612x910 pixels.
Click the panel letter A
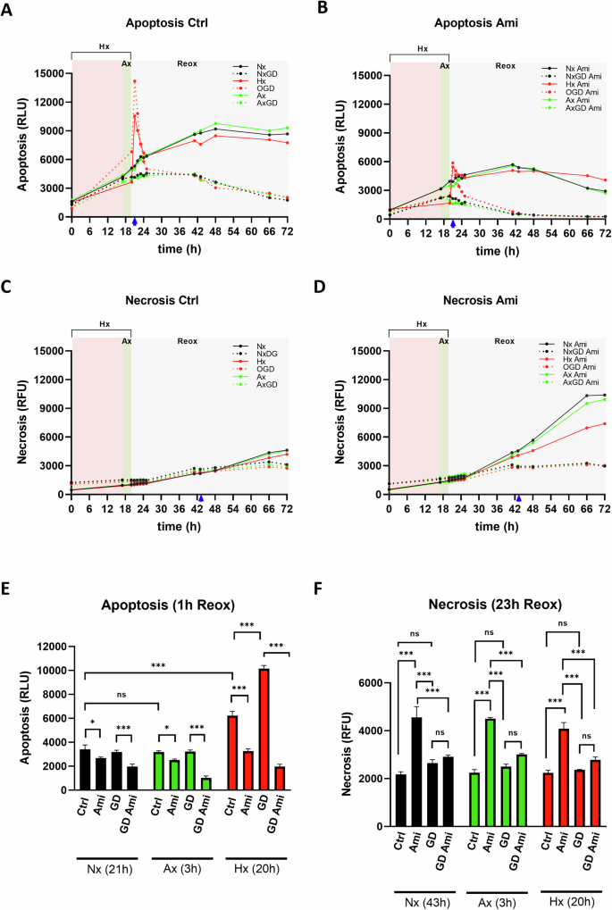10,11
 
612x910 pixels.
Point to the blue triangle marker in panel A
134,221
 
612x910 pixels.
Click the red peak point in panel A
134,82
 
